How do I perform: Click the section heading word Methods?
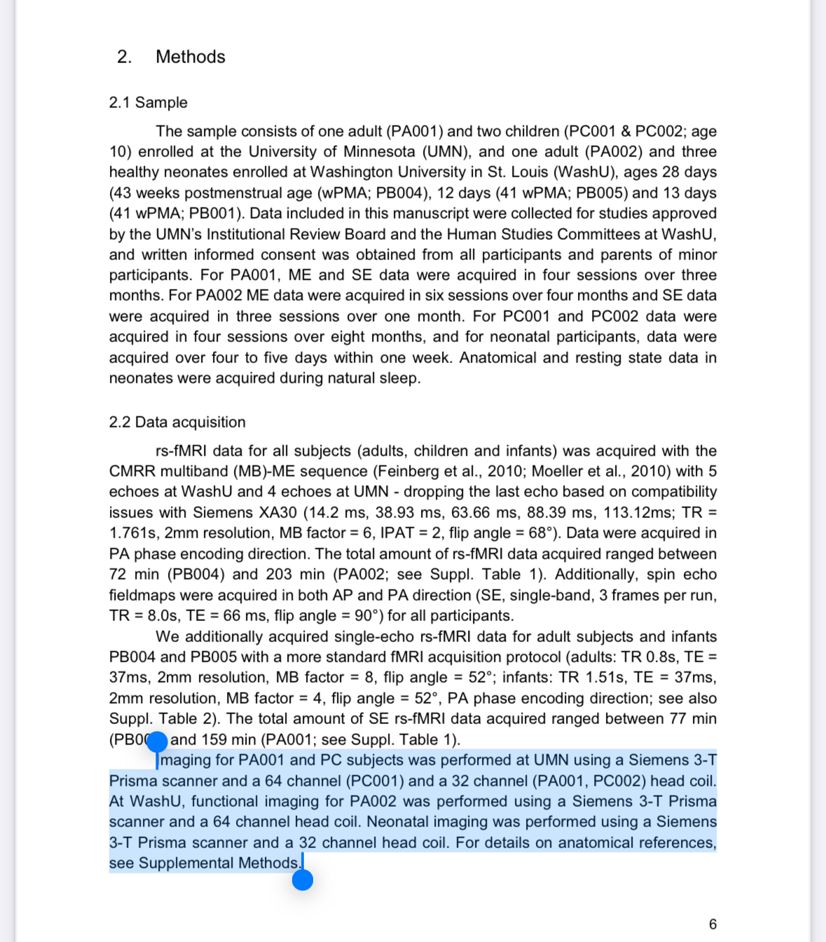[190, 57]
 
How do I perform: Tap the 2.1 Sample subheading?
[148, 102]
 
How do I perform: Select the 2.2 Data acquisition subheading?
[177, 422]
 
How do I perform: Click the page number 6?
[713, 924]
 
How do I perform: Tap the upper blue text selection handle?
[158, 742]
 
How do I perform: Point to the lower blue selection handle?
[303, 880]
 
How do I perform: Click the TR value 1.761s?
[132, 533]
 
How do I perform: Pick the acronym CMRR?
[133, 471]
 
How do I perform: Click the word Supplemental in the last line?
[185, 863]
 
